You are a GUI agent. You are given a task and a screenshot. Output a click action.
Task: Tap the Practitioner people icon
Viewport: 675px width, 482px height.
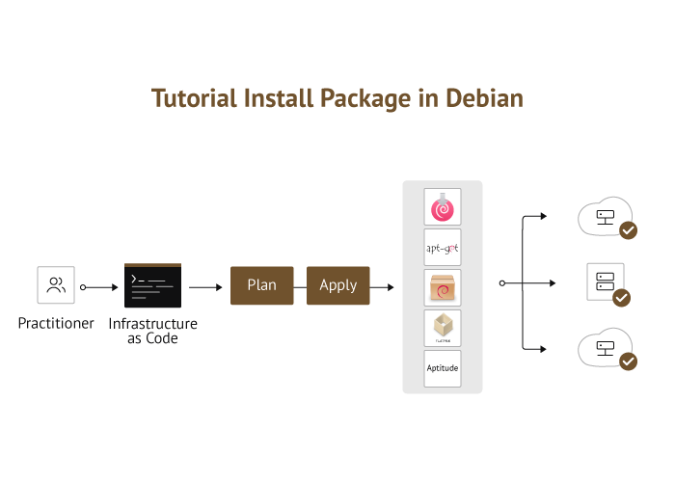[56, 285]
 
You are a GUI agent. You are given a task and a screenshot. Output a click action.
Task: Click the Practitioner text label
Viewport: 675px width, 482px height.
[56, 324]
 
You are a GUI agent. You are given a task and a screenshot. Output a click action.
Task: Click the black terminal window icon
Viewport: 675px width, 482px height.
[152, 285]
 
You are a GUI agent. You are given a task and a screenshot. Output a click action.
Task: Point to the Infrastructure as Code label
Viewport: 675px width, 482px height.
[152, 331]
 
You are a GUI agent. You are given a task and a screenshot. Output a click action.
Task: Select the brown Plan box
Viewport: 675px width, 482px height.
[261, 285]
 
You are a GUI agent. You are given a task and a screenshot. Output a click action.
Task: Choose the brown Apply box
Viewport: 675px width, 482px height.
[338, 285]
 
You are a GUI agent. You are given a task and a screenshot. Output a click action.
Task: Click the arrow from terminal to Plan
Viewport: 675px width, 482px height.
[205, 286]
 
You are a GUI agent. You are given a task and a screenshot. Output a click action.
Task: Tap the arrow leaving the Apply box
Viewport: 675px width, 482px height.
[383, 286]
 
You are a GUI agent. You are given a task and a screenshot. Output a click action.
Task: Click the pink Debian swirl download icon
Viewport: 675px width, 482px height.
[443, 207]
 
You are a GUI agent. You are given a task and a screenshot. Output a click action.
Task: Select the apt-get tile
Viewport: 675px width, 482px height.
[443, 248]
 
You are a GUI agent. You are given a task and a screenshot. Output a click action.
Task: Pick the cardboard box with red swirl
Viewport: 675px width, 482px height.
[443, 287]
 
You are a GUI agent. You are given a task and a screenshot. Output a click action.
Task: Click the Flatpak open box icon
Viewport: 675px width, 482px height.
[443, 328]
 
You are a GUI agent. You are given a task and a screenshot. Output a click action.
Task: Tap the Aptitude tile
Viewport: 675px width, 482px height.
[443, 368]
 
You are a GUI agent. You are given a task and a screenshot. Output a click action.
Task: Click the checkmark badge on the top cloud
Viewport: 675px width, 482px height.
[628, 230]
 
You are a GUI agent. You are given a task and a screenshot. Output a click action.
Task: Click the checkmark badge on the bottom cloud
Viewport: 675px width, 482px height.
[628, 361]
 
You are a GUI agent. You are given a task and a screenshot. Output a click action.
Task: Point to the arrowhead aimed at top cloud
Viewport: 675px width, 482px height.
[545, 217]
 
